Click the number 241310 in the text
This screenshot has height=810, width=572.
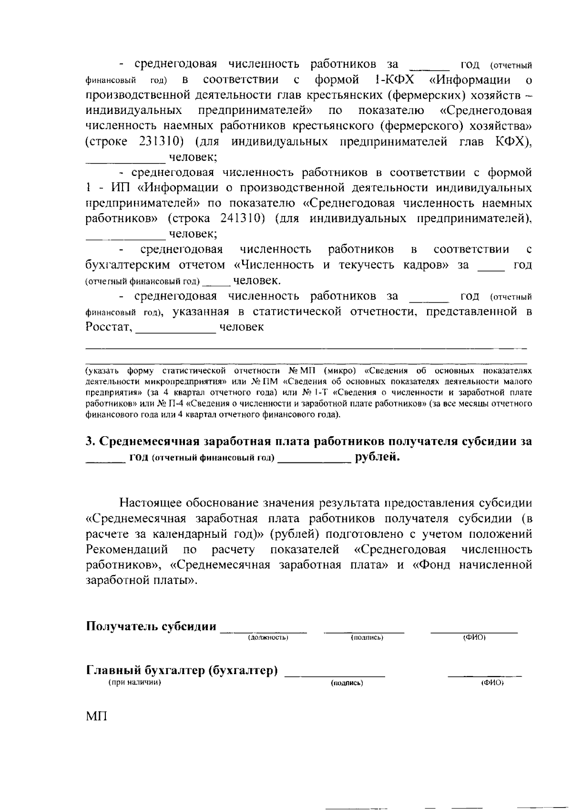point(243,219)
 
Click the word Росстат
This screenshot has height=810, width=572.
point(108,328)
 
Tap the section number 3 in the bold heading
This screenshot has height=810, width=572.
point(89,441)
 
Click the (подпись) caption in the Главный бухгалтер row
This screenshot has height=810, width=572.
point(347,683)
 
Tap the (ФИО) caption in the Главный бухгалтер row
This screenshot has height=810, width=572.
point(492,683)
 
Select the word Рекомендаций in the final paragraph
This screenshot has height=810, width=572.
point(127,550)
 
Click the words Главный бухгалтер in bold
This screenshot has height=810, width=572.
point(145,671)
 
